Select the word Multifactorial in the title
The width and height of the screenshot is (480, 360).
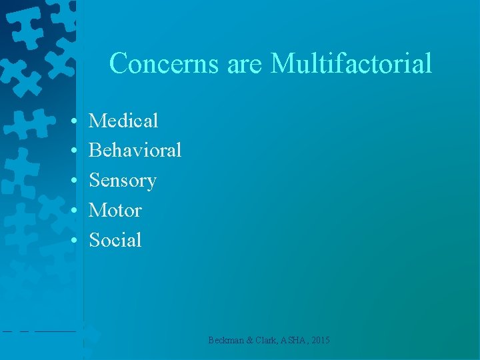tap(351, 64)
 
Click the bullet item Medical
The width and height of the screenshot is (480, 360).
tap(123, 121)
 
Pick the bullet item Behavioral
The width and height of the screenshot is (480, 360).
tap(135, 151)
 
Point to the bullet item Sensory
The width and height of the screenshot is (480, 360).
tap(123, 181)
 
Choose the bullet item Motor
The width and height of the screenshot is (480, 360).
tap(115, 211)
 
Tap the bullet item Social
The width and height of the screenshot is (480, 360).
tap(115, 240)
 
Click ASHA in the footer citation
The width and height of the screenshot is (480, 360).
tap(297, 341)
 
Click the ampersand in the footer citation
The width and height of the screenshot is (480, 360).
tap(249, 341)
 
